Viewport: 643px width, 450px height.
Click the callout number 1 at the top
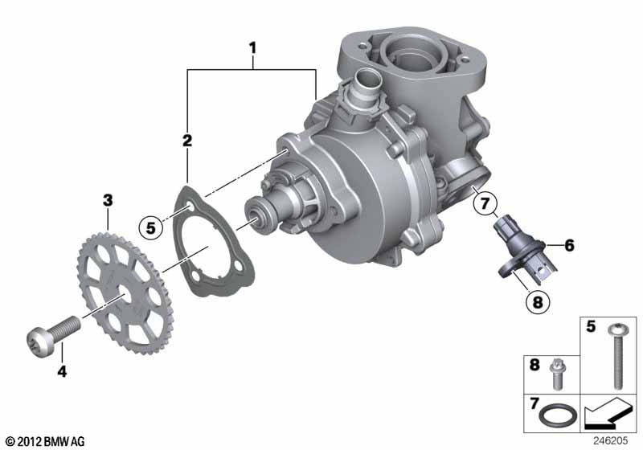253,48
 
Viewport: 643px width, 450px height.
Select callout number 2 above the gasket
187,141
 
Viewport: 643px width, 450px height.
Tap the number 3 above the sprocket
108,201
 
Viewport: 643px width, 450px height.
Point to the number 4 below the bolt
62,371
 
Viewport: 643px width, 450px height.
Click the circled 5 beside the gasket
151,227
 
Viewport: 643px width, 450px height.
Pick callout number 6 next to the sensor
569,246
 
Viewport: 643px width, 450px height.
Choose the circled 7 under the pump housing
485,202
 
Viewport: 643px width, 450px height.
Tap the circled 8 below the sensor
537,302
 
